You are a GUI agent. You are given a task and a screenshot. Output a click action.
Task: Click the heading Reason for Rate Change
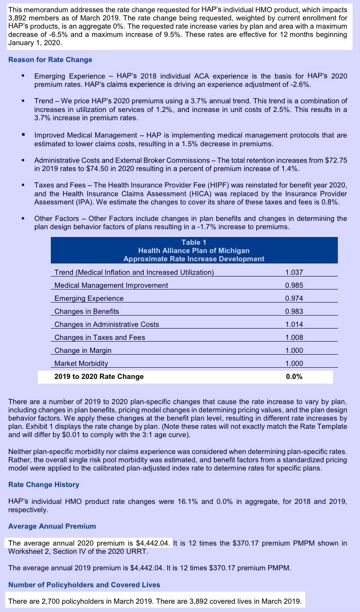pyautogui.click(x=50, y=59)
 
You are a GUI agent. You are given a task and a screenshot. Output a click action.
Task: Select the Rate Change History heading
pyautogui.click(x=43, y=484)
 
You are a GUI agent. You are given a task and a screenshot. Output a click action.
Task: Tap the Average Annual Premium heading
pyautogui.click(x=52, y=526)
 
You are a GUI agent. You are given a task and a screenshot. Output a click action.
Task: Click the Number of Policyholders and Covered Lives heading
pyautogui.click(x=84, y=585)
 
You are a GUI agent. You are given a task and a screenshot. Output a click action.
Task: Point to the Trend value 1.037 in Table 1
pyautogui.click(x=294, y=272)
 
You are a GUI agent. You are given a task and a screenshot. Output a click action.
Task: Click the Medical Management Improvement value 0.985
pyautogui.click(x=294, y=285)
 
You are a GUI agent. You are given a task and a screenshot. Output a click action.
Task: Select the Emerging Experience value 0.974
pyautogui.click(x=294, y=298)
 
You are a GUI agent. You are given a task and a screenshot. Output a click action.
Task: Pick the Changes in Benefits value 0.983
pyautogui.click(x=294, y=311)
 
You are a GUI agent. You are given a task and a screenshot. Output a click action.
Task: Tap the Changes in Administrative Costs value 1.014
pyautogui.click(x=294, y=324)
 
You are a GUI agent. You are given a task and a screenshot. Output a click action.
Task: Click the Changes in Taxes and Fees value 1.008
pyautogui.click(x=294, y=337)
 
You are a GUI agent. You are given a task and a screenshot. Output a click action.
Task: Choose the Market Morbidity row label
pyautogui.click(x=81, y=363)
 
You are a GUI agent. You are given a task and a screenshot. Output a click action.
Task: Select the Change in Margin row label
pyautogui.click(x=83, y=350)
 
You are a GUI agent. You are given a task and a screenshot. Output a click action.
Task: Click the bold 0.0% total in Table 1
pyautogui.click(x=294, y=377)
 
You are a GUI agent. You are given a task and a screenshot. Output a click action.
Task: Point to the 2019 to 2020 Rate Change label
pyautogui.click(x=99, y=377)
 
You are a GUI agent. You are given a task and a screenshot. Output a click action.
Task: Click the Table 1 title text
pyautogui.click(x=194, y=242)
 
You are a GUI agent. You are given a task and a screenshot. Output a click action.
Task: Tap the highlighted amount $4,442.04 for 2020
pyautogui.click(x=153, y=543)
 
